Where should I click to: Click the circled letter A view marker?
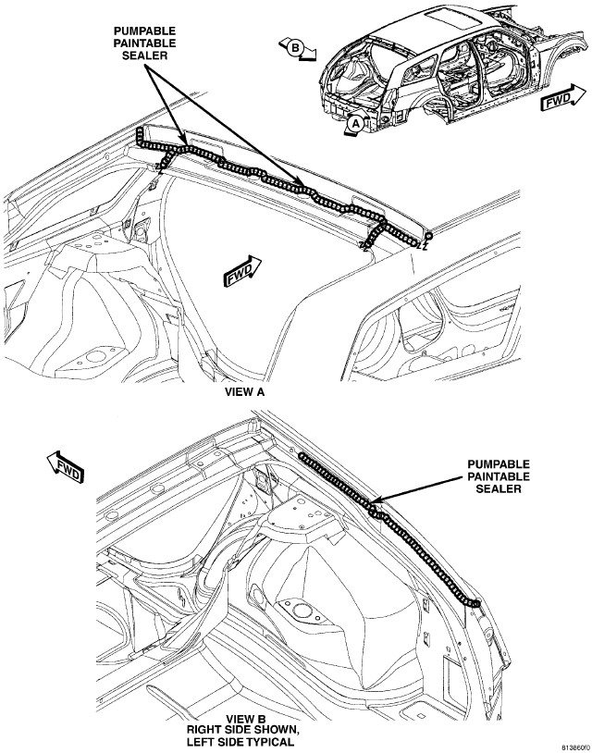point(355,124)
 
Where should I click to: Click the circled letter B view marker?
point(296,47)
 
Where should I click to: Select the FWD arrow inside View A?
point(242,271)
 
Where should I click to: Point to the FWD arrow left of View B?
point(65,467)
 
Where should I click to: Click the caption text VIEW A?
point(244,392)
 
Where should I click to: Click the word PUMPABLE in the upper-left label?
point(144,31)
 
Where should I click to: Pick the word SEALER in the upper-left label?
point(144,56)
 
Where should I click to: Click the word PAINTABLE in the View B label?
point(499,476)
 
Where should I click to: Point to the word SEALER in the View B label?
point(499,488)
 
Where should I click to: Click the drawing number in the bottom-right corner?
point(575,747)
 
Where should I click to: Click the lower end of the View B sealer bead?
point(475,604)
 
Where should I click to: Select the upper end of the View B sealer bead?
point(302,455)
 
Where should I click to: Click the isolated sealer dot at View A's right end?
point(428,236)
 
